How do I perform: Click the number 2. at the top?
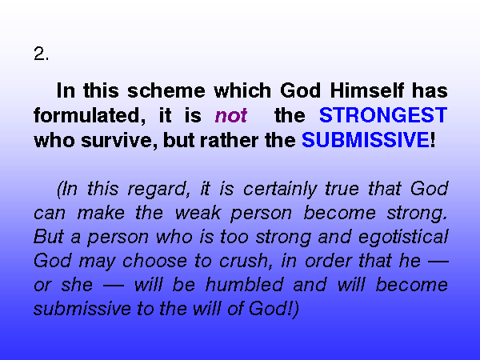(x=41, y=54)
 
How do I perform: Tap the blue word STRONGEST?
(x=383, y=115)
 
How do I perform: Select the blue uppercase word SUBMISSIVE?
(x=366, y=140)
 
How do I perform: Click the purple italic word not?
(x=231, y=116)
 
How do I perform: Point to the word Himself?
(x=366, y=90)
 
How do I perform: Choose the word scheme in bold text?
(x=166, y=90)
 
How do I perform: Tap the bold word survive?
(x=119, y=140)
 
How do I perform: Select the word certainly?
(x=280, y=189)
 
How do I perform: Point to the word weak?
(x=198, y=213)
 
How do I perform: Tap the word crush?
(x=246, y=261)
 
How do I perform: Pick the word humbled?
(x=245, y=285)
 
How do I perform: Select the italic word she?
(x=77, y=285)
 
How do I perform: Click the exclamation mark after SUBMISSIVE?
(x=433, y=140)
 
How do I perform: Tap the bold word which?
(x=242, y=90)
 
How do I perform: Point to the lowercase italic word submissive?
(x=82, y=309)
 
